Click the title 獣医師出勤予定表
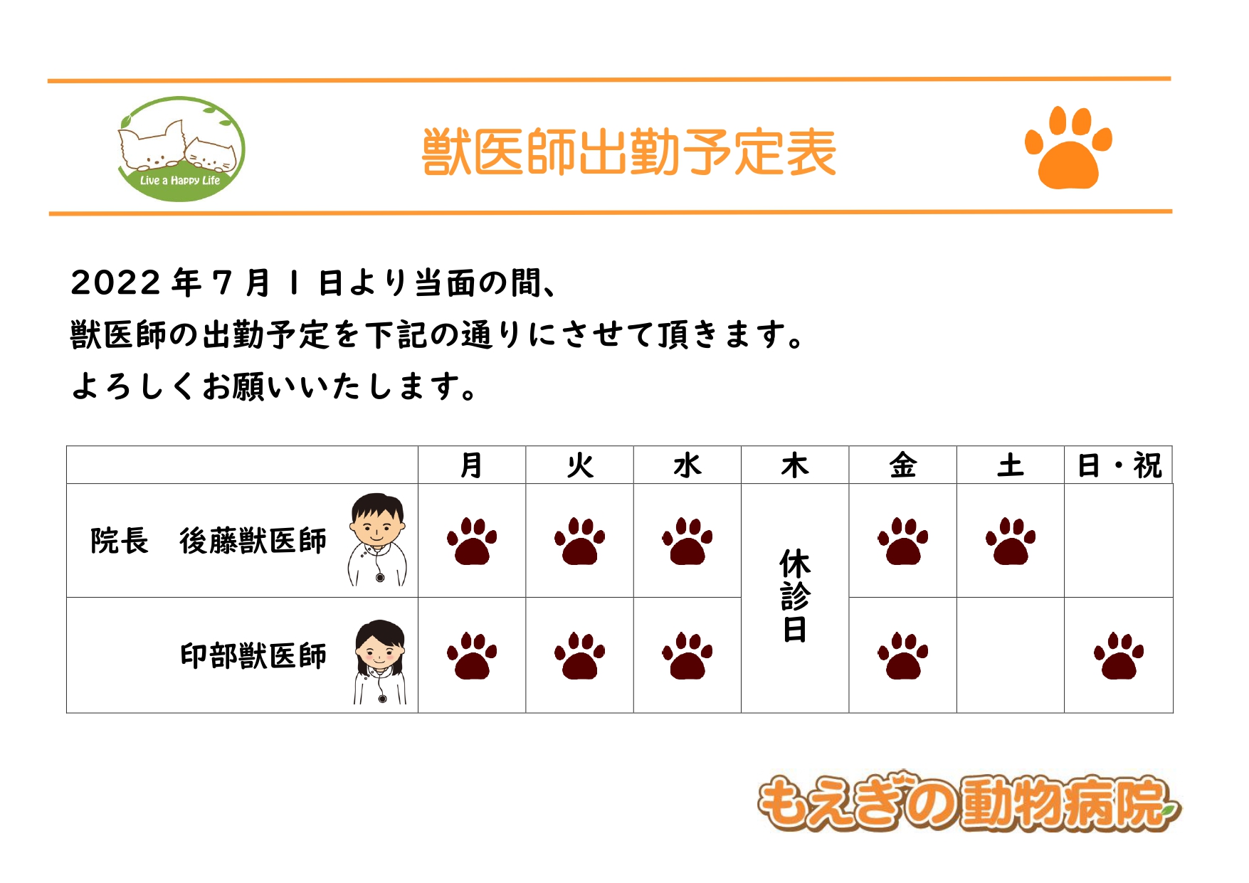coord(629,152)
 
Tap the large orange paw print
coord(1068,147)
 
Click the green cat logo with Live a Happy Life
coord(181,149)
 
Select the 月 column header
coord(471,465)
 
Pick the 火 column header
coord(579,465)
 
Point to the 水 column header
coord(687,465)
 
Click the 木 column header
coord(795,465)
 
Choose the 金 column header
coord(902,465)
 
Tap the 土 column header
coord(1011,465)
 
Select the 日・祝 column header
coord(1119,465)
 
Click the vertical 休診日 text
coord(795,595)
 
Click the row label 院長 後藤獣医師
coord(209,541)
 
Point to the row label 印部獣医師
coord(253,655)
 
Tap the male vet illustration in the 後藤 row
coord(377,539)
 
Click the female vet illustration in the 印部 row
coord(380,662)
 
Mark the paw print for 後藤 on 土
coord(1011,541)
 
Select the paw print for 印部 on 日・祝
coord(1119,655)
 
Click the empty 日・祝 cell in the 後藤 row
coord(1119,541)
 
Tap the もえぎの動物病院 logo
coord(968,802)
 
